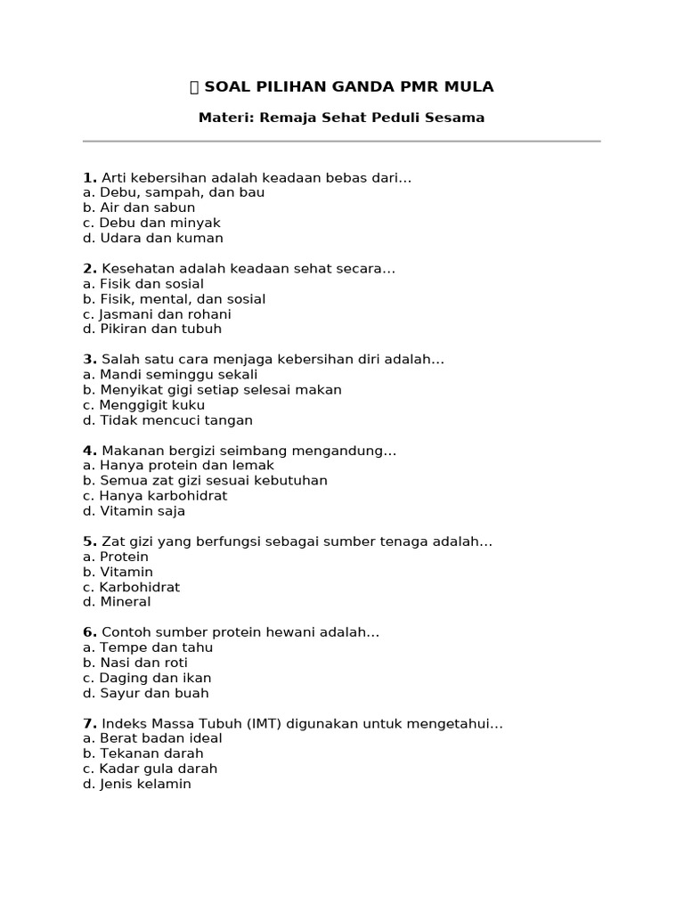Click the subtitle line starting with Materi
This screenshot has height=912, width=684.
(x=341, y=118)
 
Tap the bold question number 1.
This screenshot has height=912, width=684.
(x=89, y=177)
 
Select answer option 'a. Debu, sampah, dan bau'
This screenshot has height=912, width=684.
(x=174, y=192)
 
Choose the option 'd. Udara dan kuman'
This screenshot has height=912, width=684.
(x=153, y=238)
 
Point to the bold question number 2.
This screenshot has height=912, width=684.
(x=89, y=268)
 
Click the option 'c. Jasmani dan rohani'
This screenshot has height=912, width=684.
(x=157, y=314)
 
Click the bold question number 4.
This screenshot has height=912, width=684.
(x=89, y=451)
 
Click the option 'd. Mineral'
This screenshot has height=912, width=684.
(x=117, y=602)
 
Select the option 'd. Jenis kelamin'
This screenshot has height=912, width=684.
(x=137, y=784)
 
